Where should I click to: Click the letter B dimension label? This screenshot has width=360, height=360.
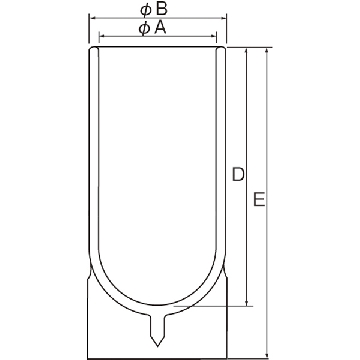[x=161, y=9]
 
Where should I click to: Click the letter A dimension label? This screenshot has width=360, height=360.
[x=160, y=28]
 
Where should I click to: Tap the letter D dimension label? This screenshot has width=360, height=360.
[x=238, y=175]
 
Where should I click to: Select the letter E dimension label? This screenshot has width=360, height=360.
[x=259, y=199]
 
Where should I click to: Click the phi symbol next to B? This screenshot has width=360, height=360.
[x=146, y=10]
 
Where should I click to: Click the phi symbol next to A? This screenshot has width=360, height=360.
[x=144, y=29]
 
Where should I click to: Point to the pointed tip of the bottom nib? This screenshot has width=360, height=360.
[x=157, y=346]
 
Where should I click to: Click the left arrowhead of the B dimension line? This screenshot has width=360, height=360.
[x=93, y=18]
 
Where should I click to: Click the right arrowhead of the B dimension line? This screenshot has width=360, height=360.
[x=223, y=18]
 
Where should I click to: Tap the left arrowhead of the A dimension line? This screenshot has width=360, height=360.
[x=103, y=36]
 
